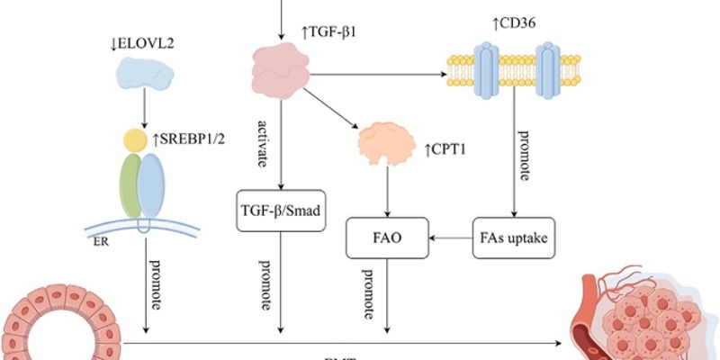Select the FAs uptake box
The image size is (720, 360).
513,238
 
